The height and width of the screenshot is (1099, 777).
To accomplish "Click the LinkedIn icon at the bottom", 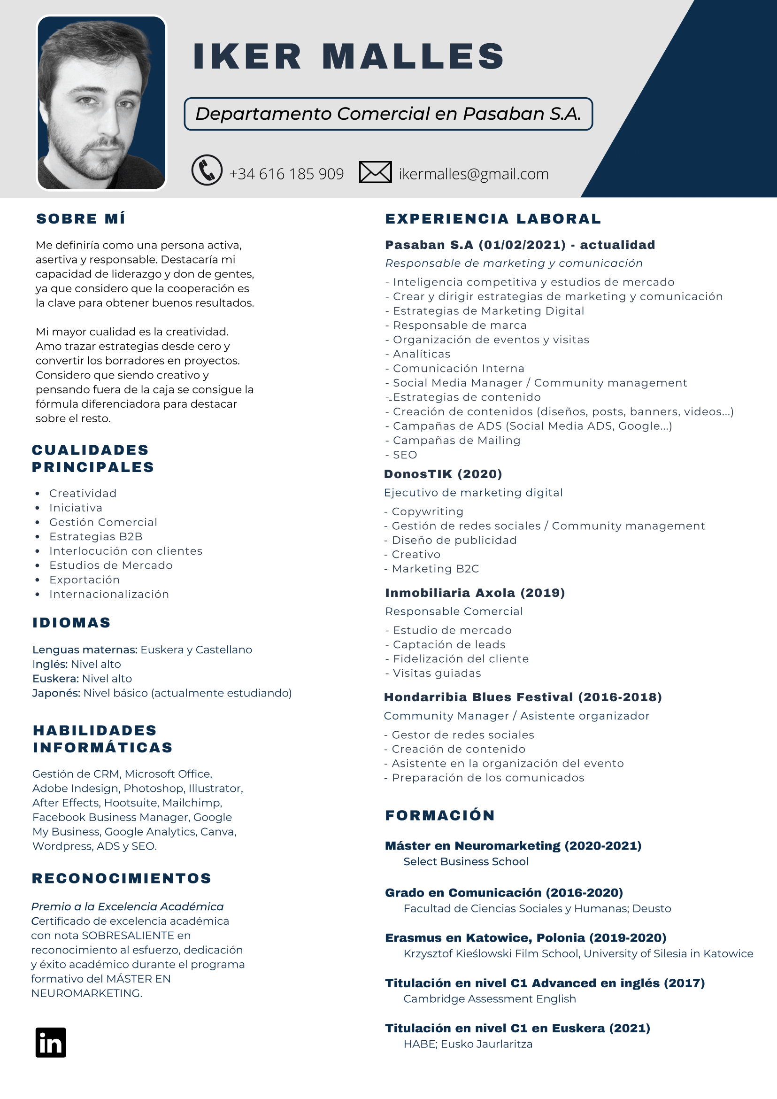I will click(50, 1042).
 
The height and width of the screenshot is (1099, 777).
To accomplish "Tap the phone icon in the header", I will click(207, 170).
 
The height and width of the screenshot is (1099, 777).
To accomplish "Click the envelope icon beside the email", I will click(375, 172).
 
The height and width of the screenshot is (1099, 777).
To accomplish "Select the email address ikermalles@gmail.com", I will click(473, 174).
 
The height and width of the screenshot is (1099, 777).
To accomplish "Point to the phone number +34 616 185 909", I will click(286, 174).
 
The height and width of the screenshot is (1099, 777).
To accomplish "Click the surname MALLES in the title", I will click(413, 56).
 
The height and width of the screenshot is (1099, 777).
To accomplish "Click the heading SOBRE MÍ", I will click(81, 219).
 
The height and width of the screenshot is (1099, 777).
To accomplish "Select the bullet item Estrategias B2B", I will click(96, 536).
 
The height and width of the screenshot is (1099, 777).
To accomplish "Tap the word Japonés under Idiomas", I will click(56, 693).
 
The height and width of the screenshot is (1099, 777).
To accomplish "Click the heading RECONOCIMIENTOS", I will click(122, 878).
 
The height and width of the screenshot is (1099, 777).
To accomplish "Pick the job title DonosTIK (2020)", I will click(443, 474).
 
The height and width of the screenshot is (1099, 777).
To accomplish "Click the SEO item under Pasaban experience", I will click(404, 455).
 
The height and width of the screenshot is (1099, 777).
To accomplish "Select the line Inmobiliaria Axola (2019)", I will click(475, 593).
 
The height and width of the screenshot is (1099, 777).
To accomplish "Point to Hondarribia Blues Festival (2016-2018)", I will click(523, 697).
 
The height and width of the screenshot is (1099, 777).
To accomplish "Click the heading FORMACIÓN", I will click(440, 815).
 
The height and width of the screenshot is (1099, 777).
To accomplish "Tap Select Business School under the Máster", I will click(466, 861).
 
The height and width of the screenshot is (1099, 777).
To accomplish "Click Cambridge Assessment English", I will click(489, 999).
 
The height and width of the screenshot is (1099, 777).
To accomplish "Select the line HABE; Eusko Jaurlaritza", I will click(468, 1044).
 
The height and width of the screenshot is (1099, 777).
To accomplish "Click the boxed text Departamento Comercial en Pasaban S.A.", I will click(388, 114).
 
